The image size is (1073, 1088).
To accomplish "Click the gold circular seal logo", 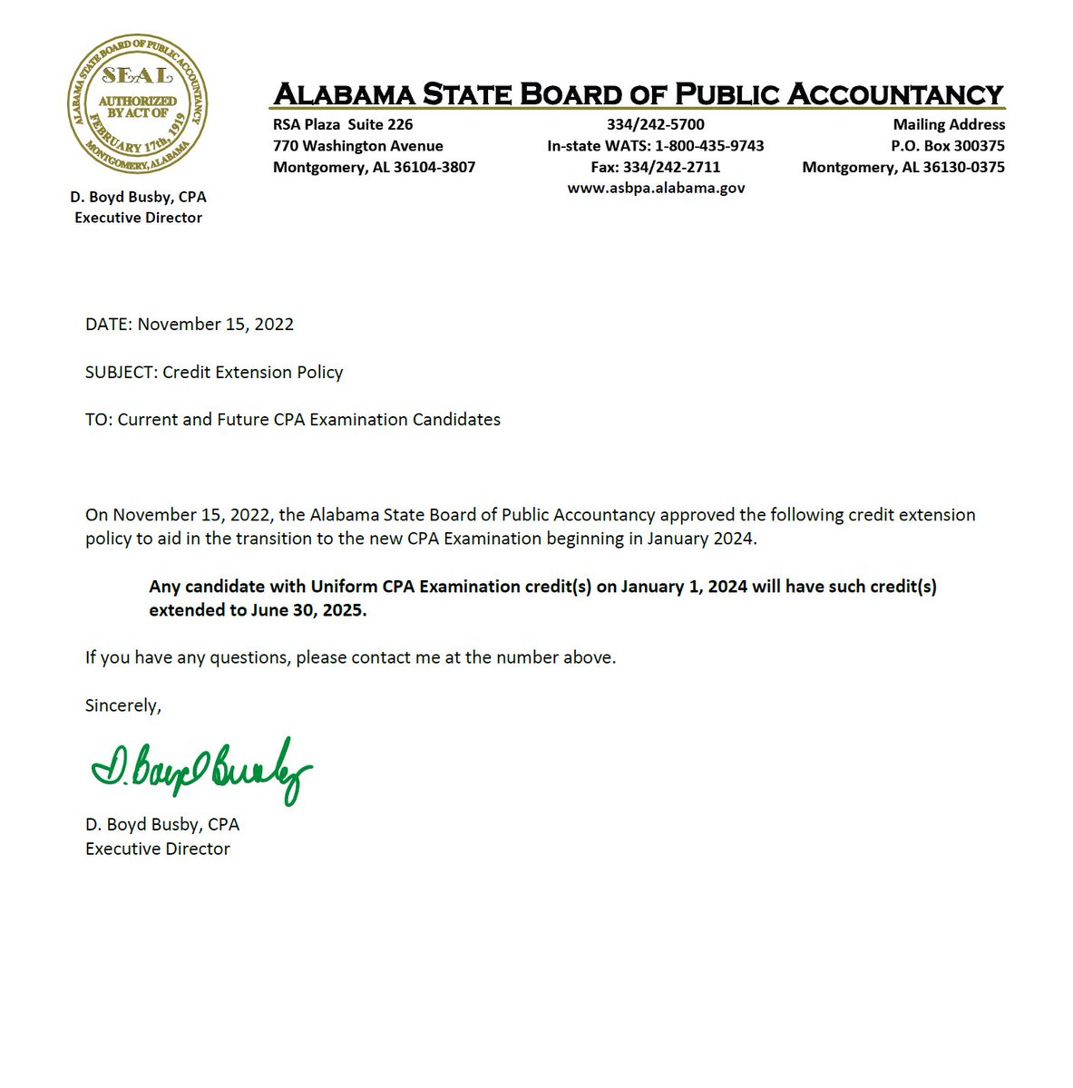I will [138, 105].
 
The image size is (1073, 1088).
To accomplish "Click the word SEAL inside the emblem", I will [137, 74].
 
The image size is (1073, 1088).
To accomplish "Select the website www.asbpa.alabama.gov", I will [656, 189].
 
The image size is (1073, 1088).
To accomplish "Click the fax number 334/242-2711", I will [656, 167].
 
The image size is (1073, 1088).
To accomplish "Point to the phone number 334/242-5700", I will [656, 124].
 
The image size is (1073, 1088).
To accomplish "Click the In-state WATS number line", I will [656, 146].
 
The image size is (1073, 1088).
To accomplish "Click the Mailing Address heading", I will [949, 124].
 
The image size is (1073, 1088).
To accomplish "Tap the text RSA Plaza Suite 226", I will [343, 124].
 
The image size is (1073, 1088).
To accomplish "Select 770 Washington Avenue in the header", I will [358, 146].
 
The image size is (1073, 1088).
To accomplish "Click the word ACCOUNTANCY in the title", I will [894, 94].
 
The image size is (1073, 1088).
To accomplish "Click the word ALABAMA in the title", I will [345, 94].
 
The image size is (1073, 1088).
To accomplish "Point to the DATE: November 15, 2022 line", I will [190, 325].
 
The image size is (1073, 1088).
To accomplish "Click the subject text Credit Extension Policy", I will [252, 372].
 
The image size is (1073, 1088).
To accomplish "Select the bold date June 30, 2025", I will [308, 610].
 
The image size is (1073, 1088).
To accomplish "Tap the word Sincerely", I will [122, 705].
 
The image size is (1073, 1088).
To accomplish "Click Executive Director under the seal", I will [138, 218].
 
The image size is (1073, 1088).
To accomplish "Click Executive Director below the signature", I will [158, 849].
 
